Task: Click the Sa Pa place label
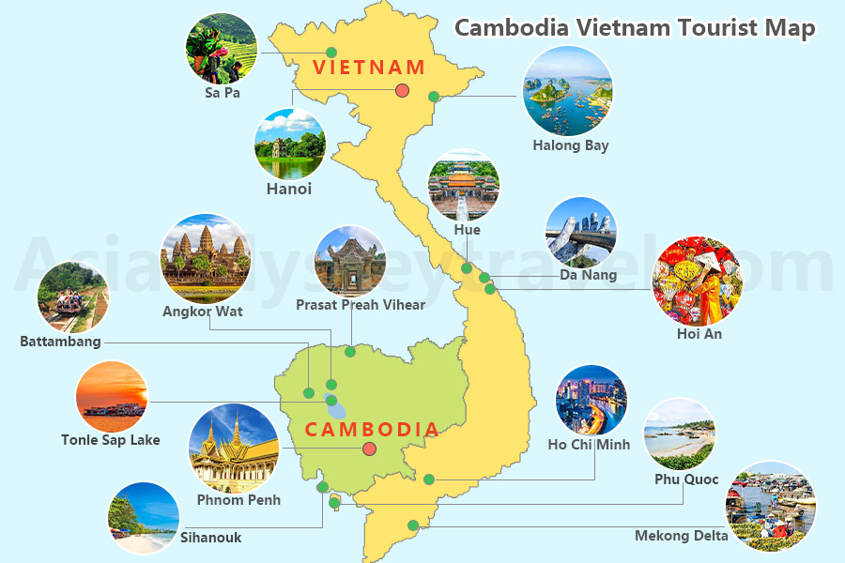coord(223,93)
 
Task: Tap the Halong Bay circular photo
coord(567,91)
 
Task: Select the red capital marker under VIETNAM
coord(402,90)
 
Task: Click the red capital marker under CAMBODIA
coord(370,449)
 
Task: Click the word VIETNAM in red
coord(369,68)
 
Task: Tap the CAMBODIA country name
coord(372,430)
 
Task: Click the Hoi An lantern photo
coord(697,281)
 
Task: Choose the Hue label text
coord(467,230)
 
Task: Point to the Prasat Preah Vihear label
coord(361,305)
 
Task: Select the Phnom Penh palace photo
coord(234,449)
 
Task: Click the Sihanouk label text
coord(210,538)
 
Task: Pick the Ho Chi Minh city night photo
coord(591,400)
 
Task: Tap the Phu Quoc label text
coord(686,479)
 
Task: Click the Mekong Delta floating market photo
coord(771,506)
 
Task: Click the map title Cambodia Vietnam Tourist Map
coord(635,27)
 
